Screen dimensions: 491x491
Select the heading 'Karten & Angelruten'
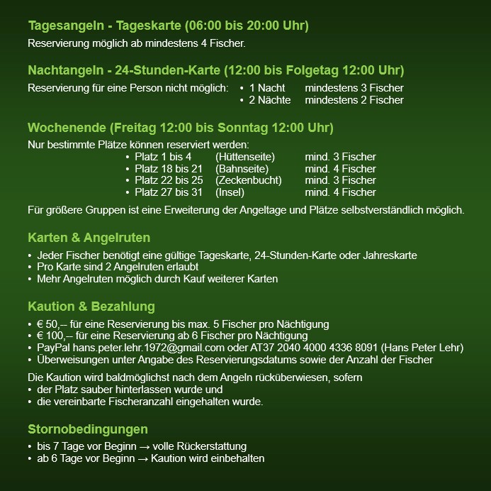(89, 238)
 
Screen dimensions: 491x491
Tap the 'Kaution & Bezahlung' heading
(91, 307)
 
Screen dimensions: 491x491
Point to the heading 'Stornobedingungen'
(88, 429)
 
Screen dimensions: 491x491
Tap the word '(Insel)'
(230, 192)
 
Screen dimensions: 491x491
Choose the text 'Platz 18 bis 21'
(169, 169)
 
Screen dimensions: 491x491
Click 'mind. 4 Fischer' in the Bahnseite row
(340, 169)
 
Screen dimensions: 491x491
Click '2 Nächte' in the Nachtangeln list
(269, 100)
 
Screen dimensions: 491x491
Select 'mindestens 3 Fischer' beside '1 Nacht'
(354, 88)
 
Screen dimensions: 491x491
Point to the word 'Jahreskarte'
(390, 255)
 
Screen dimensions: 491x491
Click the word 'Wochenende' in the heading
(67, 128)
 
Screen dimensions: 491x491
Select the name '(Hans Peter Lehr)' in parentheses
(423, 348)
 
